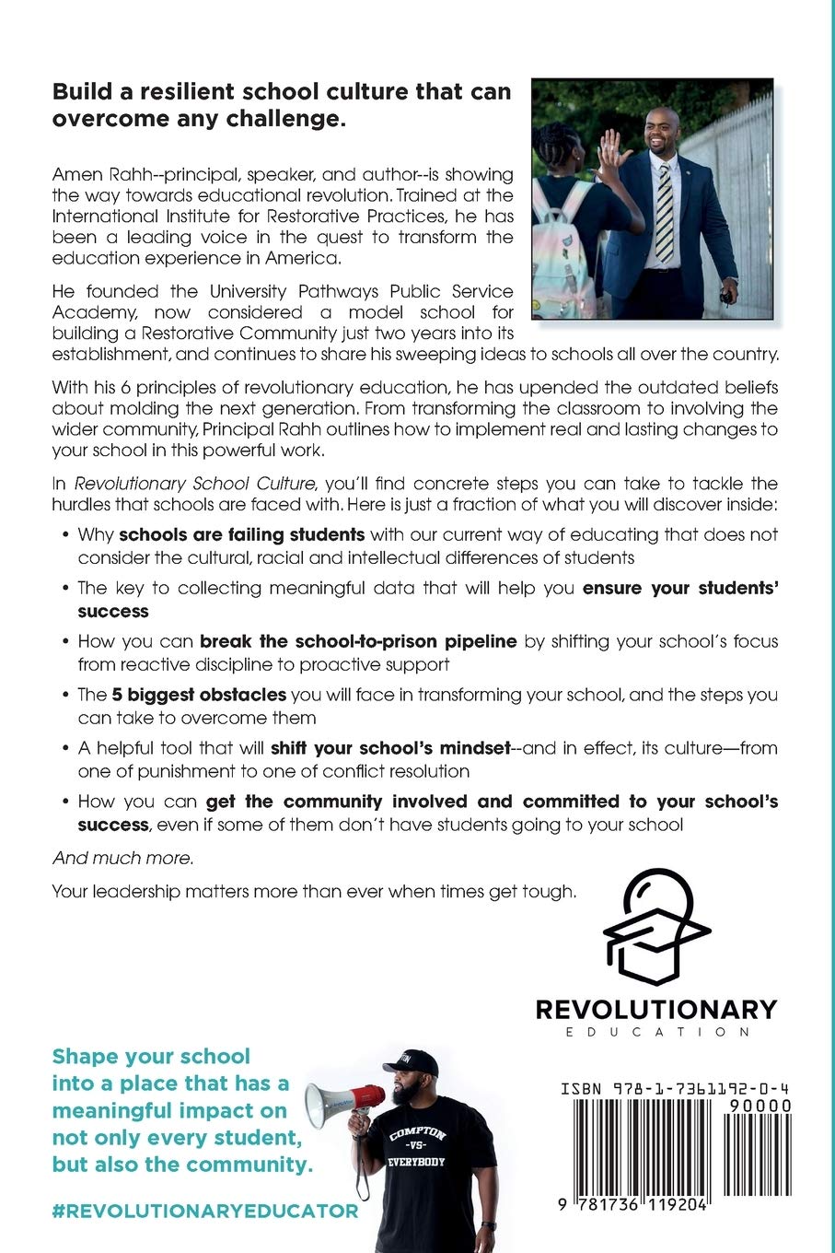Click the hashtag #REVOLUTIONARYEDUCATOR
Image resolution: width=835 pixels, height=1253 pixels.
pyautogui.click(x=204, y=1211)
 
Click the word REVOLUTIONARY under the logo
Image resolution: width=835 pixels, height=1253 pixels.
pyautogui.click(x=655, y=1010)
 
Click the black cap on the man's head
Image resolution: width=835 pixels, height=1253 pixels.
pyautogui.click(x=411, y=1060)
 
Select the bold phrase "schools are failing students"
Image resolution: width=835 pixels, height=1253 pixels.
pyautogui.click(x=242, y=534)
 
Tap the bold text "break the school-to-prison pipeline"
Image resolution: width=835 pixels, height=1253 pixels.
pyautogui.click(x=358, y=641)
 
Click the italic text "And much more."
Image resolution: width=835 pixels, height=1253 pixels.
pyautogui.click(x=122, y=859)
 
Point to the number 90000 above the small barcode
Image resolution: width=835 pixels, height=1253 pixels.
pyautogui.click(x=760, y=1106)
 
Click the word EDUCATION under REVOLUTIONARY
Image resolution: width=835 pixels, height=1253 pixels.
pyautogui.click(x=655, y=1032)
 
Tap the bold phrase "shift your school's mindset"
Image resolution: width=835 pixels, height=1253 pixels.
pyautogui.click(x=390, y=748)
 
